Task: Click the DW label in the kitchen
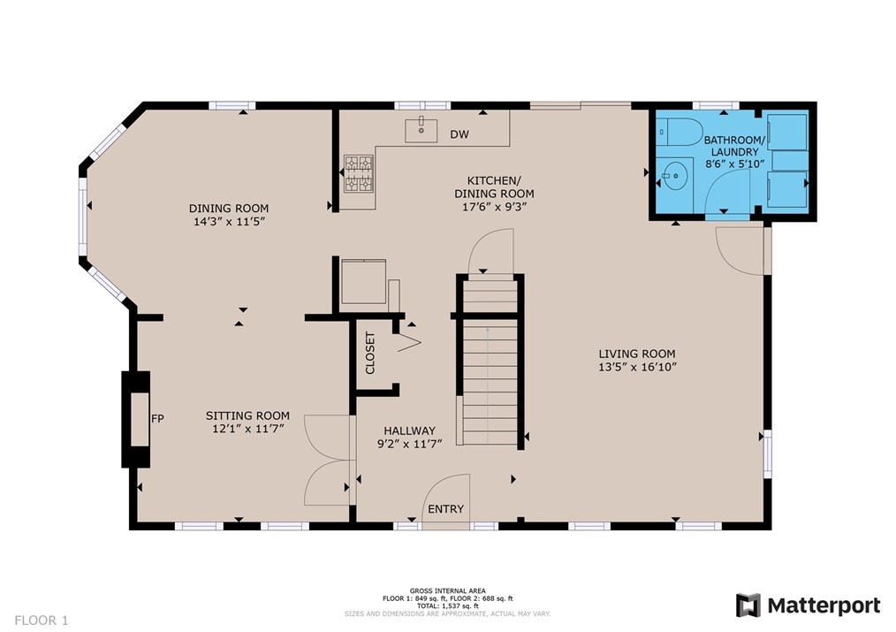[459, 134]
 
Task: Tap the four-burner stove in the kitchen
[358, 173]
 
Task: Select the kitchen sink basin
[421, 130]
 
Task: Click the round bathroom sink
[674, 174]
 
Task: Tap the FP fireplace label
[157, 419]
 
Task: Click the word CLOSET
[370, 354]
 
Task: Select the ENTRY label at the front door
[445, 508]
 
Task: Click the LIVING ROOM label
[637, 354]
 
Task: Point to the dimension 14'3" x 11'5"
[229, 221]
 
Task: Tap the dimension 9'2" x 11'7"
[410, 444]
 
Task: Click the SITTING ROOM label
[247, 415]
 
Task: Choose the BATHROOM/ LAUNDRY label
[734, 146]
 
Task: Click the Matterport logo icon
[748, 605]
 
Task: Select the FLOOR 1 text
[42, 620]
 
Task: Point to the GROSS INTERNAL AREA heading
[447, 590]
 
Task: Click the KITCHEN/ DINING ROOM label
[494, 187]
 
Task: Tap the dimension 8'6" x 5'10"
[734, 164]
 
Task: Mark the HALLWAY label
[410, 430]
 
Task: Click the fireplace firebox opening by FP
[140, 419]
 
